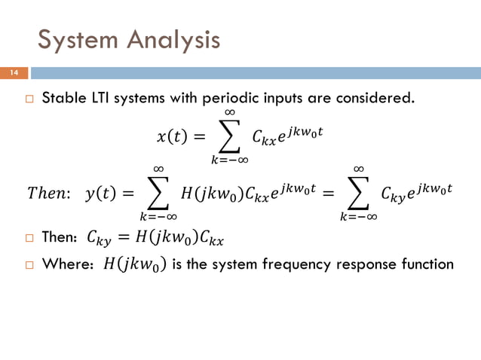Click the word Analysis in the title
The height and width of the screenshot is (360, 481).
pyautogui.click(x=171, y=39)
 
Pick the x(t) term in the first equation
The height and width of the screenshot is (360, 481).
pyautogui.click(x=171, y=136)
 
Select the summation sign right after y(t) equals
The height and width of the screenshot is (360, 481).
pyautogui.click(x=158, y=194)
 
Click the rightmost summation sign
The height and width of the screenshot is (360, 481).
pyautogui.click(x=358, y=194)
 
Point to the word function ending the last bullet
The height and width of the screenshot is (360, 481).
pyautogui.click(x=428, y=264)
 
